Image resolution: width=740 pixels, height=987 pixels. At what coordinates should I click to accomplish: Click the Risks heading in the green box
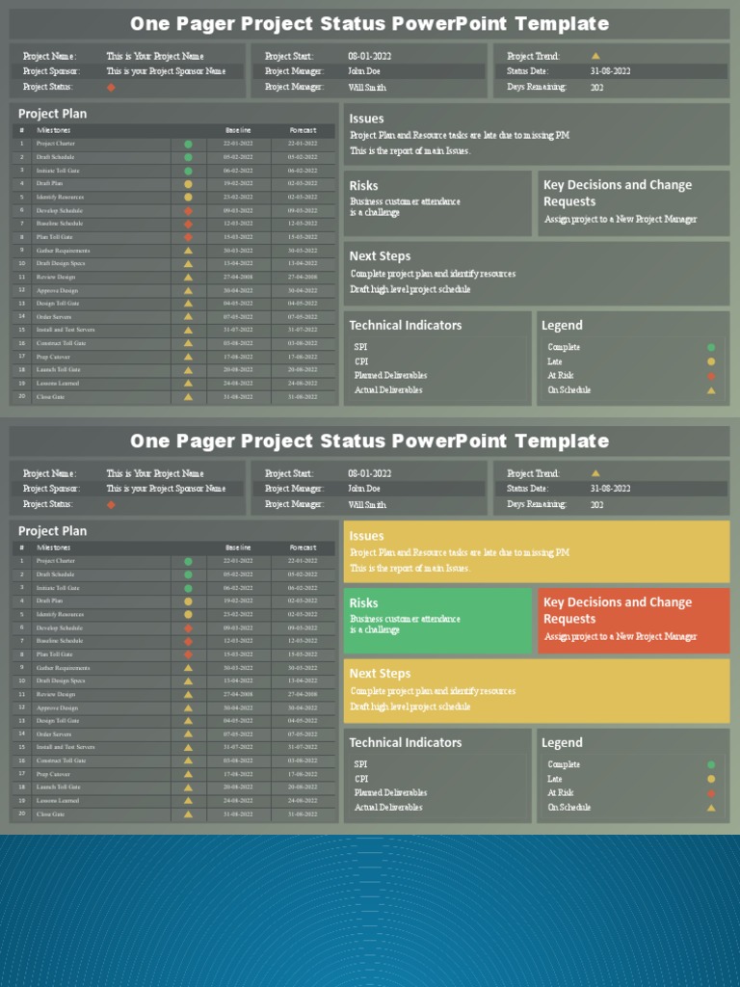click(364, 603)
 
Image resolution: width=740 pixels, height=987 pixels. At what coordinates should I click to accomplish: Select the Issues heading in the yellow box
click(366, 536)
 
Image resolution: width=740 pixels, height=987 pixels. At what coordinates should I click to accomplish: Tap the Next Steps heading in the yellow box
click(380, 674)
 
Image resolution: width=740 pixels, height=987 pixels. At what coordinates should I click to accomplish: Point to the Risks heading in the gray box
click(364, 186)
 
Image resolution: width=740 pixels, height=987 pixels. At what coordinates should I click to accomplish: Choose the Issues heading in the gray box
click(366, 119)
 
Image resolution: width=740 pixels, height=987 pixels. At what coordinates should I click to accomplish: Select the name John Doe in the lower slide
click(364, 489)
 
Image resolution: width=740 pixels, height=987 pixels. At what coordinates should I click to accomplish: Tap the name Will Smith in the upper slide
click(367, 87)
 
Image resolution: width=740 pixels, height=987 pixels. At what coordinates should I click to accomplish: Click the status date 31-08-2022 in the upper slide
click(611, 71)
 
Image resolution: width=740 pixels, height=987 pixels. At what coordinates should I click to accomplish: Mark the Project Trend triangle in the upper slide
click(595, 56)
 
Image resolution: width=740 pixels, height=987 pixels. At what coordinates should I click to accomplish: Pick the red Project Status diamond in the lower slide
click(111, 504)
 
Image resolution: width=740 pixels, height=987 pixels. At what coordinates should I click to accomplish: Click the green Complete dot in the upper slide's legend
click(711, 347)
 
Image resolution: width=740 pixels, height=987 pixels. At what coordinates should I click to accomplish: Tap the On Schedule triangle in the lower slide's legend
click(711, 808)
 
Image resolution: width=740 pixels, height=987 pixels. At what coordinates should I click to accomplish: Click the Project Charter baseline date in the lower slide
click(238, 561)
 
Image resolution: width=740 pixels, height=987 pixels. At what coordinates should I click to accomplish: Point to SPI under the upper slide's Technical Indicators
click(360, 347)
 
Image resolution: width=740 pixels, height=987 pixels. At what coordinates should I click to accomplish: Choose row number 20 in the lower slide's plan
click(21, 814)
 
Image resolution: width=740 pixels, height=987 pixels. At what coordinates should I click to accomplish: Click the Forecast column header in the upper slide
click(303, 130)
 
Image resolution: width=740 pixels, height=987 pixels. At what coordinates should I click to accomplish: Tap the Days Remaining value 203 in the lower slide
click(597, 504)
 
